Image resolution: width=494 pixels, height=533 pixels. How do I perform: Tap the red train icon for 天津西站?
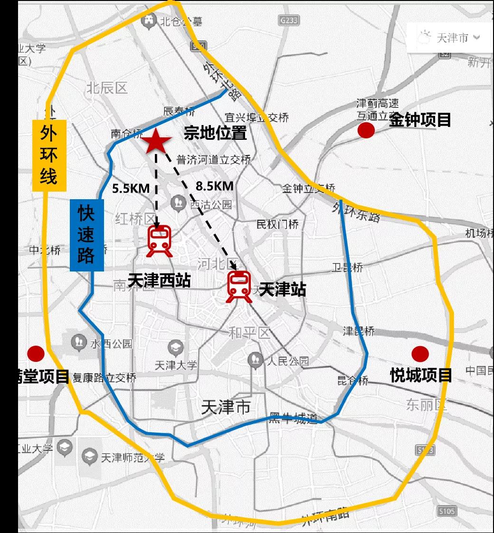(x=160, y=242)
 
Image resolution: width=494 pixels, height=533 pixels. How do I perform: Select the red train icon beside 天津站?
(x=239, y=286)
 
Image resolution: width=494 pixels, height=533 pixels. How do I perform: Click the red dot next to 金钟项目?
(x=366, y=130)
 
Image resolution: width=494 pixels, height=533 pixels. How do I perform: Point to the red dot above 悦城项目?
(x=420, y=354)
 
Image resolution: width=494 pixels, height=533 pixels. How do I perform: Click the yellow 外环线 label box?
(x=48, y=155)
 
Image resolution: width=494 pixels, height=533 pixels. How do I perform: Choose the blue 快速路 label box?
(x=86, y=235)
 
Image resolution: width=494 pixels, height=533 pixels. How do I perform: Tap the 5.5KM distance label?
(x=131, y=188)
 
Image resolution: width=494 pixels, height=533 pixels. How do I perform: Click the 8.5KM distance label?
(x=215, y=186)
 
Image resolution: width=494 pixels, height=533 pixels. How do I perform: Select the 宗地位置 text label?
(x=216, y=133)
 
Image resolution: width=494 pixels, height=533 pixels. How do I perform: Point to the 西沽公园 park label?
(x=211, y=205)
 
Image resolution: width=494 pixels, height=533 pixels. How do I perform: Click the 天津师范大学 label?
(x=133, y=458)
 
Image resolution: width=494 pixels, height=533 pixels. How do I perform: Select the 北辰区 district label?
(x=107, y=88)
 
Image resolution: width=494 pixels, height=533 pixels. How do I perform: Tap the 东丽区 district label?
(x=427, y=405)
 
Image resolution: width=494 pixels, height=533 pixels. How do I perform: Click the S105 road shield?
(x=446, y=512)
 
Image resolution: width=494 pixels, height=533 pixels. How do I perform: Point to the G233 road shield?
(x=289, y=20)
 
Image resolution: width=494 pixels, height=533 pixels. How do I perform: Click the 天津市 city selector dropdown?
(x=449, y=38)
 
